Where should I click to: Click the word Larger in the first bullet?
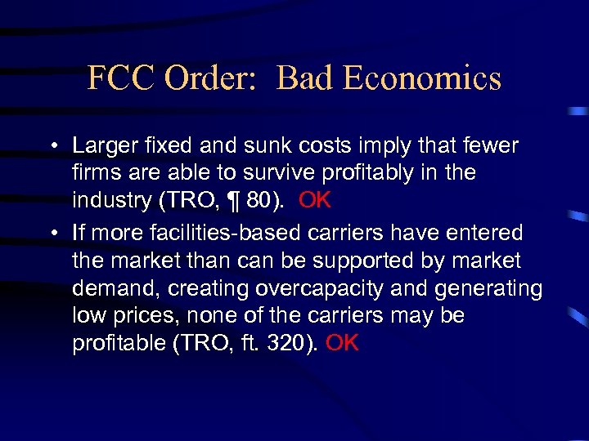tap(101, 146)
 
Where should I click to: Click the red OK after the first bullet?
tap(315, 201)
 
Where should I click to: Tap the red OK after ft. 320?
tap(342, 343)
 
